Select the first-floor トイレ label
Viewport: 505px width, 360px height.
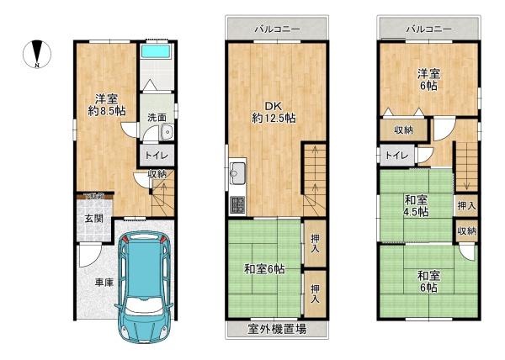(157, 156)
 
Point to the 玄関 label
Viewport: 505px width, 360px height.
(93, 219)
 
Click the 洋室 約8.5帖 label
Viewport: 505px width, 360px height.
(105, 103)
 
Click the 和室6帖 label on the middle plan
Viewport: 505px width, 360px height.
(263, 269)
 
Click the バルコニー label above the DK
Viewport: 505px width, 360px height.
(277, 29)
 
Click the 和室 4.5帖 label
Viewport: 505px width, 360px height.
(416, 205)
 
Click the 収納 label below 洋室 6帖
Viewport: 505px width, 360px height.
(404, 130)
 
